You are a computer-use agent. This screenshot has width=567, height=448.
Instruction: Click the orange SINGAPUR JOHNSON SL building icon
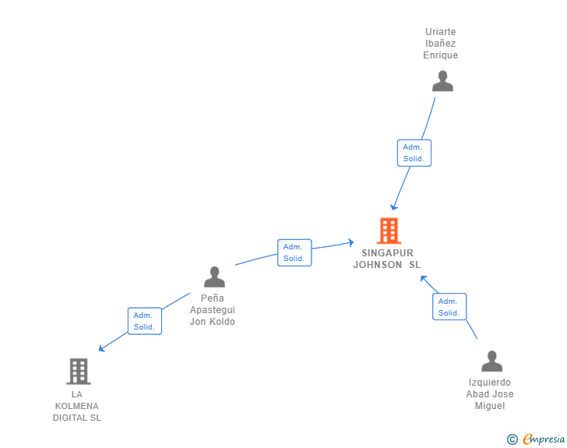click(389, 231)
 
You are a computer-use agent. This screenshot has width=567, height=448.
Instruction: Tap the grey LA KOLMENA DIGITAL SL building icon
click(79, 372)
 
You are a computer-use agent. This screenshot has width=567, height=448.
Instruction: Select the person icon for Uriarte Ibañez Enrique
click(442, 81)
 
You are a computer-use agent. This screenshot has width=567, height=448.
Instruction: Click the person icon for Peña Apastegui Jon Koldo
click(214, 277)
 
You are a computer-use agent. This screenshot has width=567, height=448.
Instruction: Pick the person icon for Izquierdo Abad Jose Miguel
click(491, 362)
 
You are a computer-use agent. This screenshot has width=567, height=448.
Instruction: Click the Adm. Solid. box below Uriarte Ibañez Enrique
click(414, 153)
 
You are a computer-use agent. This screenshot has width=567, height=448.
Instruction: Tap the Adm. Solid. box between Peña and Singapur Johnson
click(294, 252)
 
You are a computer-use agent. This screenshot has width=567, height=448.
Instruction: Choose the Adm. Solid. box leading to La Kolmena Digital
click(145, 321)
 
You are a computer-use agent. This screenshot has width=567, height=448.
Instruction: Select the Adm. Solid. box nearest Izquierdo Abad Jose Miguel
click(449, 307)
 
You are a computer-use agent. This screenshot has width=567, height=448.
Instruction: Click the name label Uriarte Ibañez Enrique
click(441, 44)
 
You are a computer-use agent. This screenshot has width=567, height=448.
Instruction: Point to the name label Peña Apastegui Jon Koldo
click(213, 310)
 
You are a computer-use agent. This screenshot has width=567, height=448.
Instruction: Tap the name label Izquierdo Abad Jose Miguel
click(490, 394)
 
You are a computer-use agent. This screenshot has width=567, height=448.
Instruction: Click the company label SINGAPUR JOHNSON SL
click(387, 259)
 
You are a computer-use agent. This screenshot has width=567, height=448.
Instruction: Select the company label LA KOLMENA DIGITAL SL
click(76, 406)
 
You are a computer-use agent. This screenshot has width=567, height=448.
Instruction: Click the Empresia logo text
click(544, 439)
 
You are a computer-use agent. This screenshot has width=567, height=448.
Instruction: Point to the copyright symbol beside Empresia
click(512, 439)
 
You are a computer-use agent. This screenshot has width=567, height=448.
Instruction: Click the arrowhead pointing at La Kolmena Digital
click(101, 348)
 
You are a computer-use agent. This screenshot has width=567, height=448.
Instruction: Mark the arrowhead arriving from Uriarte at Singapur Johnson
click(394, 207)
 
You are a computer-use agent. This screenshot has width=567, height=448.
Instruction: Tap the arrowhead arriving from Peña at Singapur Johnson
click(350, 242)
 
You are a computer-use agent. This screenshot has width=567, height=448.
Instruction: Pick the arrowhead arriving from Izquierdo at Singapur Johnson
click(424, 279)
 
